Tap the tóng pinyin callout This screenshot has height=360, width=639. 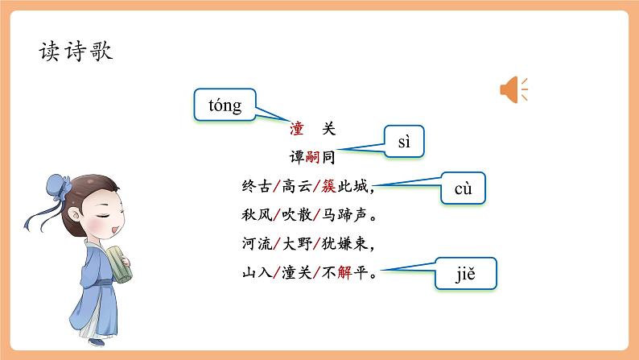coord(225,106)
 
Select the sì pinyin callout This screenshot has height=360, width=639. coord(404,143)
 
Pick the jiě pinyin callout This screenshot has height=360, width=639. coord(466,274)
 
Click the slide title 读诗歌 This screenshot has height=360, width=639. coord(76,52)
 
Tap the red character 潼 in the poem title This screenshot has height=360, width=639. coord(295,129)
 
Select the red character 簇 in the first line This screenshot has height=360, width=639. coord(328,187)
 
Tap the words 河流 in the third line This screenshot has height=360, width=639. coord(253,243)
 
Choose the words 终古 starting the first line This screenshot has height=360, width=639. coord(253,187)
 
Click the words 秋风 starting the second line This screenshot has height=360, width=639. coord(253,215)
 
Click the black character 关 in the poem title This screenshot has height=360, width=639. coord(328,129)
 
